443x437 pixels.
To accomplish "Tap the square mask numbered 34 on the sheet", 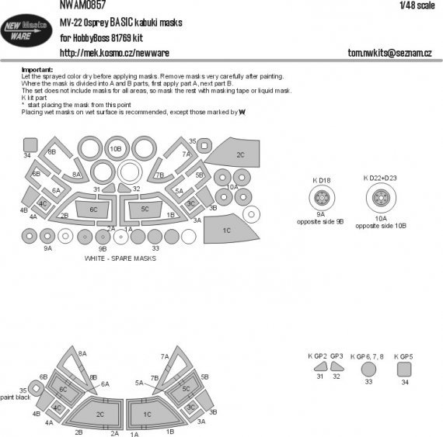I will pos(30,144).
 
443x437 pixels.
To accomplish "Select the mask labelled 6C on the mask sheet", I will pos(94,210).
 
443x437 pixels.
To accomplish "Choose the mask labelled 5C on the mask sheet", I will pos(145,210).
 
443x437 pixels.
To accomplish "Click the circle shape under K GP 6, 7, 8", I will pos(369,370).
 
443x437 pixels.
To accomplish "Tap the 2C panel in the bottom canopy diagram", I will pos(99,414).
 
